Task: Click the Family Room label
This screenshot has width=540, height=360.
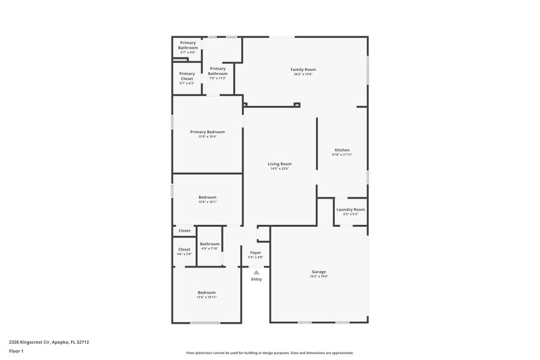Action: tap(303, 70)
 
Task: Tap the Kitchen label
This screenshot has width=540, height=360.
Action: tap(342, 150)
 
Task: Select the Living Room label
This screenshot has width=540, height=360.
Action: tap(279, 163)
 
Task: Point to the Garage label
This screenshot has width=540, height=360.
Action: tap(319, 272)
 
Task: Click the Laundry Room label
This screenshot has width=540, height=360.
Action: tap(350, 209)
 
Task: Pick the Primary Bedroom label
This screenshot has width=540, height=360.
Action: tap(207, 132)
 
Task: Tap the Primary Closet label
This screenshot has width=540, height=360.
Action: tap(187, 76)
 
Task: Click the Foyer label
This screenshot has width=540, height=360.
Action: tap(256, 253)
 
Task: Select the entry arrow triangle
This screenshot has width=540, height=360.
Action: tap(256, 272)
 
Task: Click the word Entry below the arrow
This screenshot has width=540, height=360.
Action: tap(256, 279)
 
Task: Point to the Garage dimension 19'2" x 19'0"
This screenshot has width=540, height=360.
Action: tap(319, 276)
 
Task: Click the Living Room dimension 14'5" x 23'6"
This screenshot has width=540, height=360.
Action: tap(279, 168)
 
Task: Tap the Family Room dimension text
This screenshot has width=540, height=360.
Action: tap(303, 74)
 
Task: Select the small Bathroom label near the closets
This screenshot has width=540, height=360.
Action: tap(209, 244)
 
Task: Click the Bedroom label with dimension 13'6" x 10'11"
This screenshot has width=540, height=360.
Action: tap(207, 292)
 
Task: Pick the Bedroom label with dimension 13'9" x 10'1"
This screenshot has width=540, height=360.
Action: tap(207, 197)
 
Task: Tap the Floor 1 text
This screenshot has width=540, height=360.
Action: tap(17, 351)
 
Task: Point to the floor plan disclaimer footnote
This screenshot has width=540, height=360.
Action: tap(269, 353)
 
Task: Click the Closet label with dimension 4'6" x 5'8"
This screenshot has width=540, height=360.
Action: tap(184, 249)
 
